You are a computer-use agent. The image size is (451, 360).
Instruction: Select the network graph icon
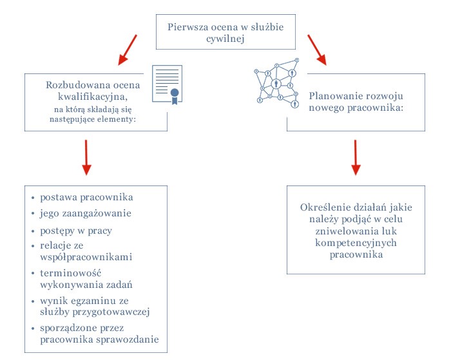pyautogui.click(x=274, y=83)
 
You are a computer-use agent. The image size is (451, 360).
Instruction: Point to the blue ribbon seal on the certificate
pyautogui.click(x=174, y=95)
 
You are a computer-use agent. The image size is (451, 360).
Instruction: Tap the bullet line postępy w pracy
pyautogui.click(x=77, y=231)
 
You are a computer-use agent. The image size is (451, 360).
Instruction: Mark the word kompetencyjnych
pyautogui.click(x=356, y=243)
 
